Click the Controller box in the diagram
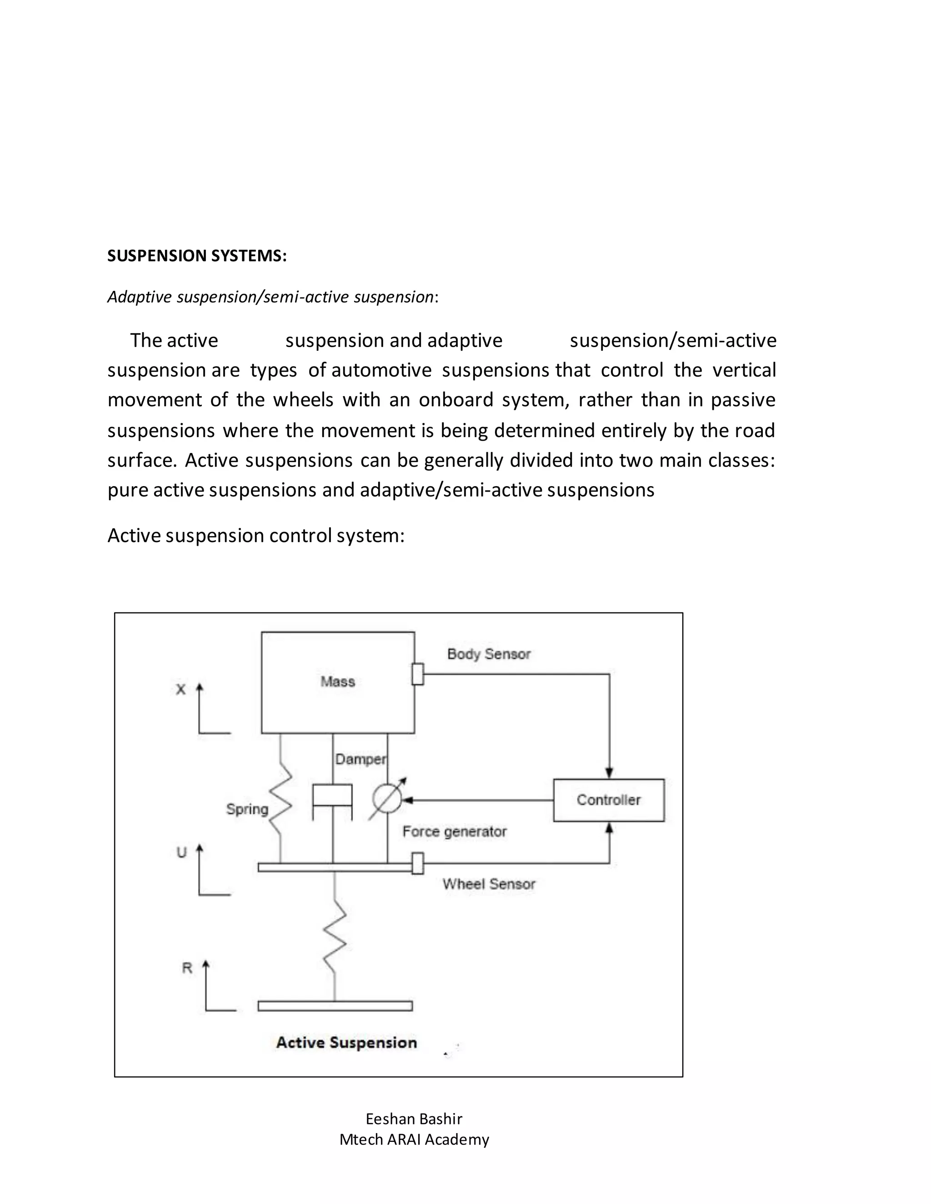(x=608, y=800)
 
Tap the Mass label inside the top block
(x=338, y=682)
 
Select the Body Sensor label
(x=489, y=654)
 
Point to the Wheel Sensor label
(x=489, y=884)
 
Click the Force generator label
(x=454, y=831)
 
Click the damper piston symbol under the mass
(x=333, y=796)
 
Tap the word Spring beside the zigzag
(x=247, y=809)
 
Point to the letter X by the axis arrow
(x=180, y=689)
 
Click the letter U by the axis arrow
(x=181, y=852)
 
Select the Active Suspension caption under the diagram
(x=346, y=1042)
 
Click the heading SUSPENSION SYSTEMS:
(x=197, y=256)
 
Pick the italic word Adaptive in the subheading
(x=140, y=297)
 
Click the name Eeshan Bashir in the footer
(x=414, y=1119)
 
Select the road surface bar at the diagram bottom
(x=335, y=1006)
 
